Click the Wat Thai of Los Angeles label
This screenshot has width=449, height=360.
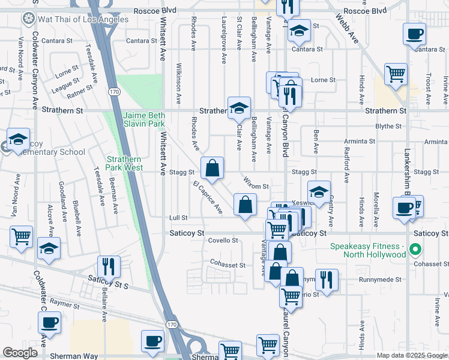click(75, 19)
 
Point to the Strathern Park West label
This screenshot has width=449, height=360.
click(124, 163)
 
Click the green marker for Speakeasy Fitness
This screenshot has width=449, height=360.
click(414, 249)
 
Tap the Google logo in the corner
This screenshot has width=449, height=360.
click(20, 353)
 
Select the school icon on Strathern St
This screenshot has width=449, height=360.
click(239, 109)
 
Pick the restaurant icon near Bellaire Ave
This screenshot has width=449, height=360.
click(109, 266)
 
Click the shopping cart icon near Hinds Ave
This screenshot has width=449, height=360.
click(396, 74)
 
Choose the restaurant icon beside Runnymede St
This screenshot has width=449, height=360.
click(327, 279)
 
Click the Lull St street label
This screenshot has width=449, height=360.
click(179, 218)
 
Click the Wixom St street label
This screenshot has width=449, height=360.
click(256, 187)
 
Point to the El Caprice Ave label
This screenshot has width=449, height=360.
click(207, 197)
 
